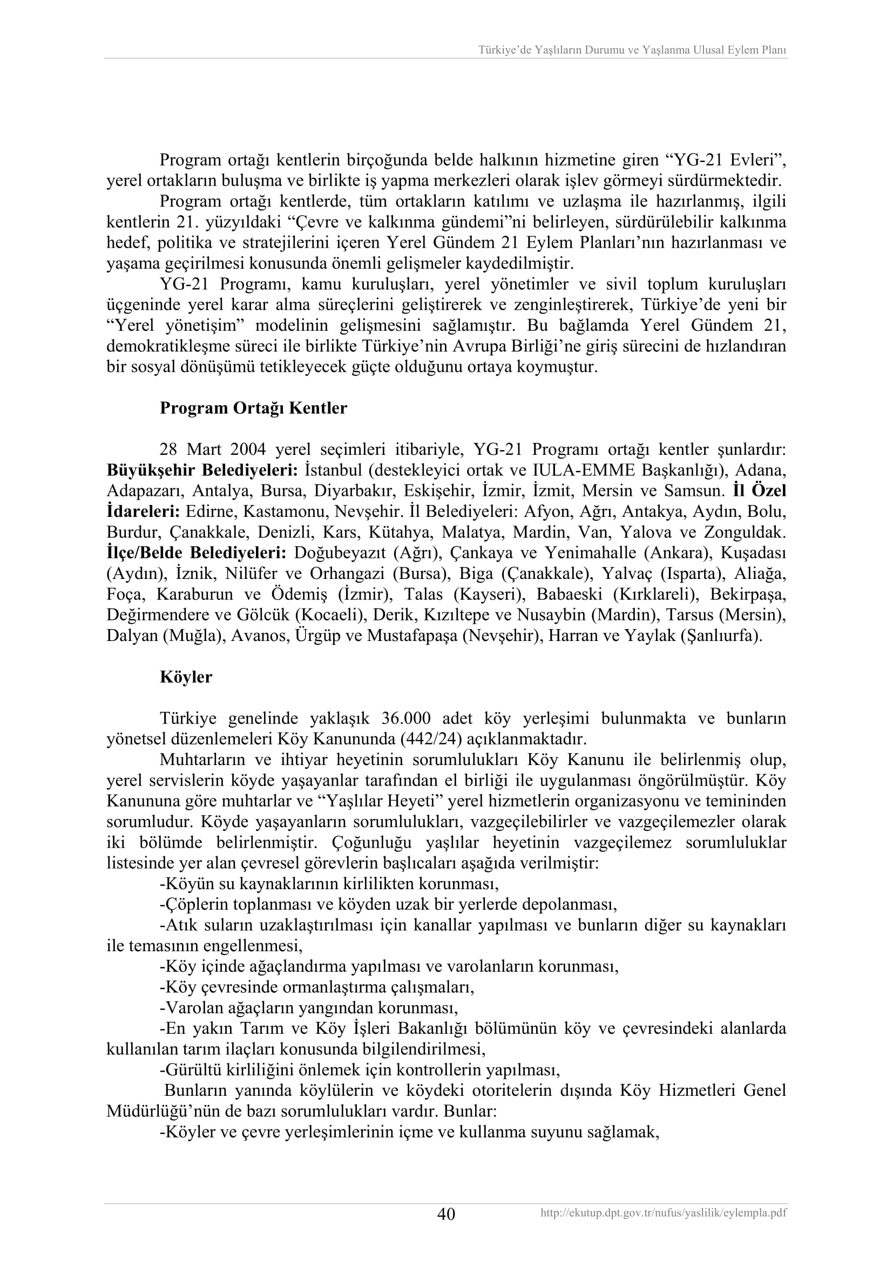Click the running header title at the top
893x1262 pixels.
(632, 50)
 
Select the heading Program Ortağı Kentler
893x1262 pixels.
(254, 408)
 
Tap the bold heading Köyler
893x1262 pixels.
(186, 677)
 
